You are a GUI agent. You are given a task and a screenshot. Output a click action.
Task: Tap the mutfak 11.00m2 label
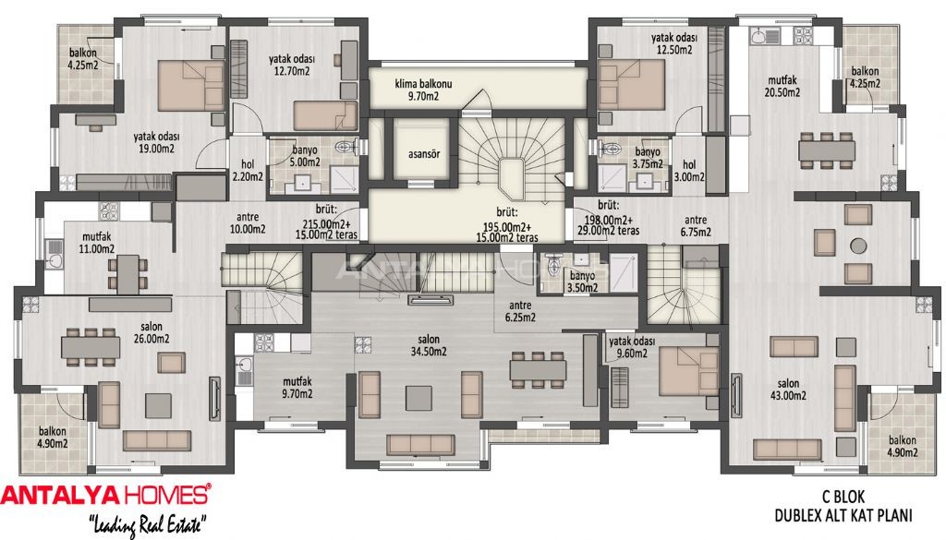click(x=97, y=242)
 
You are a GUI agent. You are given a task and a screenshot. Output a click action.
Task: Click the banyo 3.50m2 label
click(x=582, y=281)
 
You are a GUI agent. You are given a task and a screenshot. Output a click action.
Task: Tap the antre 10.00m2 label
click(x=247, y=222)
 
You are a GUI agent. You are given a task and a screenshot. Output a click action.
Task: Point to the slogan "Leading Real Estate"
click(x=147, y=525)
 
